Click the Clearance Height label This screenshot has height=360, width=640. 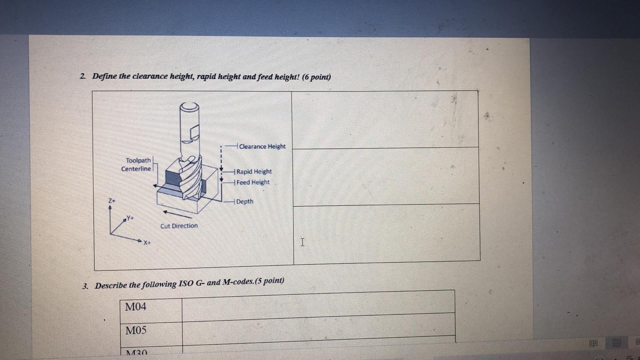262,146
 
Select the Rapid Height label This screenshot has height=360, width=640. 254,172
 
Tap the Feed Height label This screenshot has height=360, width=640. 253,182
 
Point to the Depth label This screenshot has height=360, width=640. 245,202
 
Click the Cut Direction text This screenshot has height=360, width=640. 179,226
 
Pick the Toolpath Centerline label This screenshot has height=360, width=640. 136,164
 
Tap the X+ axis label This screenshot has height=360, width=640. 147,242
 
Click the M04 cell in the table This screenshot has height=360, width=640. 136,307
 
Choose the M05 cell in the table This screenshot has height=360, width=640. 136,330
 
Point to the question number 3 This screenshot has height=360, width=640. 85,286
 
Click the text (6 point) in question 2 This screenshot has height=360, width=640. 316,77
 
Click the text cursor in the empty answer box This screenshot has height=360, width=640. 302,242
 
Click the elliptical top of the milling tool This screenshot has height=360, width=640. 189,107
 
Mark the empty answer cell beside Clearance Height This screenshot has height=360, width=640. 385,120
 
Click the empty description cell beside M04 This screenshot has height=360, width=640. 318,305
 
